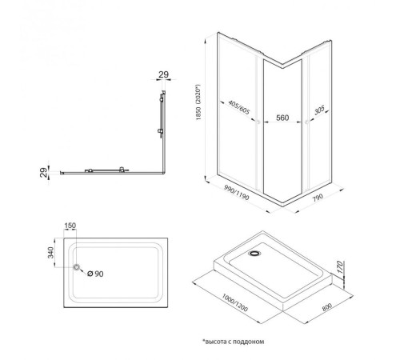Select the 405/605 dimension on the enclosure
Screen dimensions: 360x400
238,108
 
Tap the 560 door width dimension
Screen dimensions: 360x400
282,116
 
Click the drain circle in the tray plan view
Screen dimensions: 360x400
77,268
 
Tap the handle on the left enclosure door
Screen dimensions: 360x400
257,122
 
